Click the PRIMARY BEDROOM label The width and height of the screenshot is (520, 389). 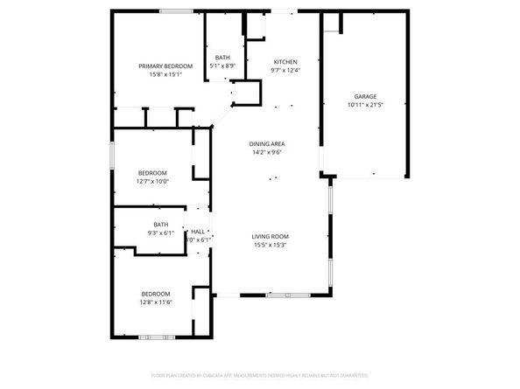165,66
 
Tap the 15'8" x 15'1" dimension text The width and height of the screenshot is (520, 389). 165,75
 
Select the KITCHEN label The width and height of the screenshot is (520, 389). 285,62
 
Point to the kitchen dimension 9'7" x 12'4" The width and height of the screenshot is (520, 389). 285,71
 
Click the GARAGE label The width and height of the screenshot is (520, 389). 365,96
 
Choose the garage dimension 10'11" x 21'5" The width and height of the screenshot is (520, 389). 365,105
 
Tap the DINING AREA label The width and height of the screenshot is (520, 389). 268,143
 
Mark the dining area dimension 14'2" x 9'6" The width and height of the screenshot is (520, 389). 268,152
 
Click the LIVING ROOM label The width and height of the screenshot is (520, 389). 271,236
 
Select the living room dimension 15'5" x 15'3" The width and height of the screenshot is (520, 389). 271,245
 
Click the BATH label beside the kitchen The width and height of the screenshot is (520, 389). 223,58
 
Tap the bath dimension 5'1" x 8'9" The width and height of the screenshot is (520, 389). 223,66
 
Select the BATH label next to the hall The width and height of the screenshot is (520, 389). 161,225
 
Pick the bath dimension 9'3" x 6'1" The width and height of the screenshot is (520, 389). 161,233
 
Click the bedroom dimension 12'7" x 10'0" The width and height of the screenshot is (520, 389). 153,182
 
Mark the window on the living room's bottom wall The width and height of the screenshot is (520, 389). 281,295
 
